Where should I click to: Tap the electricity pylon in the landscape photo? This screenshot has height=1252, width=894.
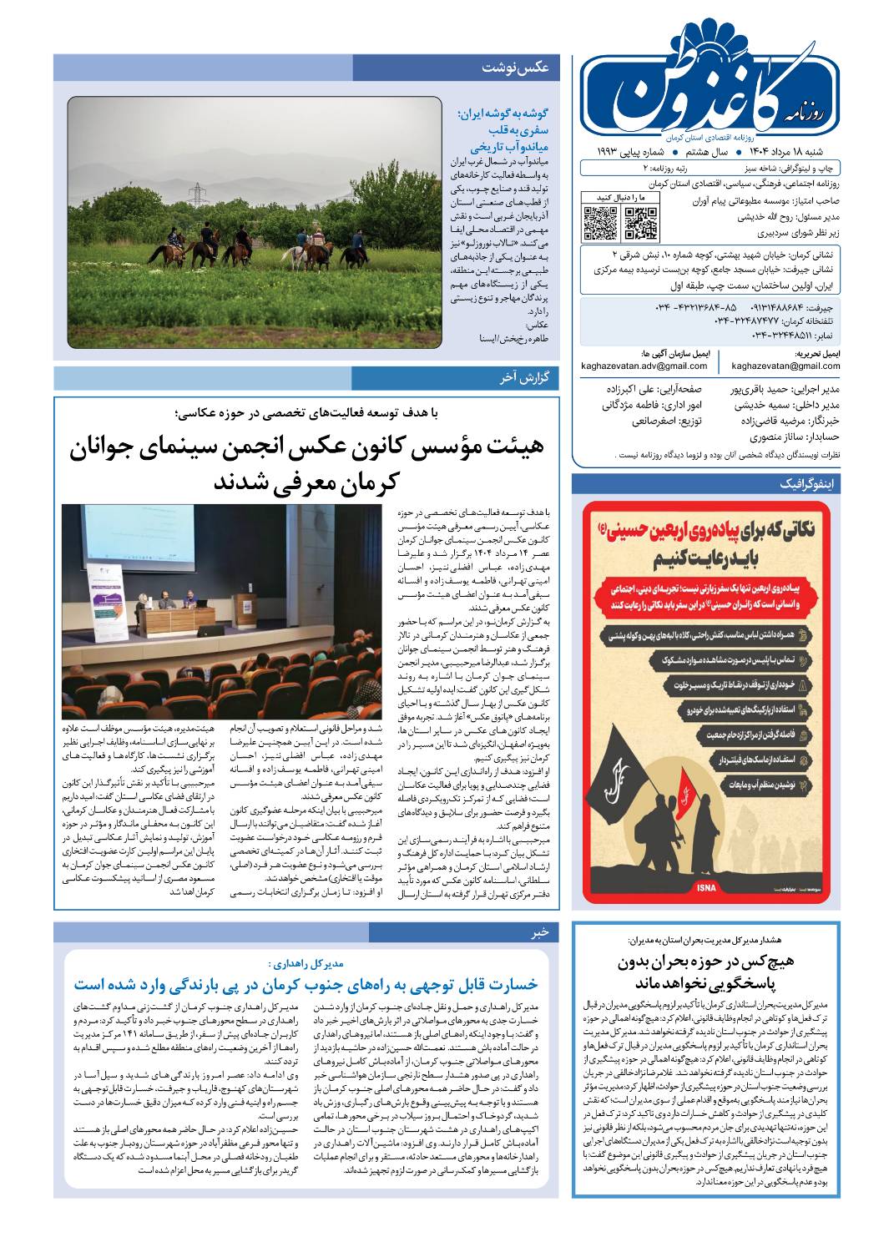point(198,196)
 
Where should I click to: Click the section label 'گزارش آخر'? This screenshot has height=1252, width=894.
point(523,378)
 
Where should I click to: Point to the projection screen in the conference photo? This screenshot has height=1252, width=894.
point(138,555)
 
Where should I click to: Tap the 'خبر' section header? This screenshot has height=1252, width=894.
point(539,931)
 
